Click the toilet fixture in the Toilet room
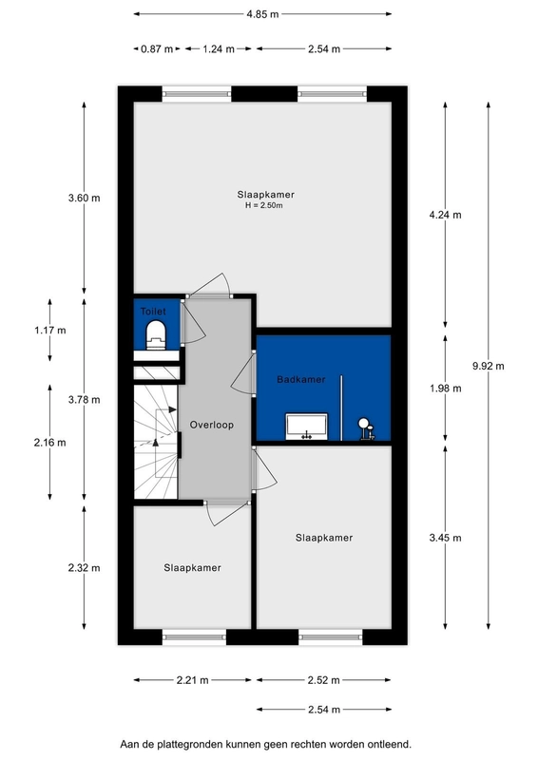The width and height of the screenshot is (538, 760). click(x=156, y=334)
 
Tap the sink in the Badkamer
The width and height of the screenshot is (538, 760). click(x=306, y=427)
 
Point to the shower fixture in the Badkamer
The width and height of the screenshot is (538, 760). click(x=366, y=429)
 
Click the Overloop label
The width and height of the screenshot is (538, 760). click(x=212, y=425)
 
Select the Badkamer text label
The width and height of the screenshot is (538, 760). click(x=300, y=379)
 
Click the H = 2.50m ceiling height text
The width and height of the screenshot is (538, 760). click(x=264, y=205)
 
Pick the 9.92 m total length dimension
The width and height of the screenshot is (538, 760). click(x=488, y=366)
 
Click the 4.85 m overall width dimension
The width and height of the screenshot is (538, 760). click(x=262, y=14)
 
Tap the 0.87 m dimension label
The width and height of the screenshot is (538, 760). click(x=157, y=49)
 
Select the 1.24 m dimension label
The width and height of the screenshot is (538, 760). click(x=219, y=49)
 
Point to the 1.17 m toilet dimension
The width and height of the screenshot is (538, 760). click(x=50, y=330)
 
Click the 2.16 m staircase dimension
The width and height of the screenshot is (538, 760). click(x=50, y=443)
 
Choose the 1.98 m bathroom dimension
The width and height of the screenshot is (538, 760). click(x=446, y=389)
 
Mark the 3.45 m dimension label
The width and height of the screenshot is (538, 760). click(x=446, y=538)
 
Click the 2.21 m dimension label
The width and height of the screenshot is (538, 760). click(x=193, y=680)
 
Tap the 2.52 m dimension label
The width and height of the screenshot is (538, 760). click(x=323, y=680)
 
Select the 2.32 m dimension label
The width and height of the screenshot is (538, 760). click(x=84, y=567)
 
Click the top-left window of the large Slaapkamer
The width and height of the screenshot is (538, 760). click(x=197, y=93)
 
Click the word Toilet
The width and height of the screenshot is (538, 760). click(x=153, y=312)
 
